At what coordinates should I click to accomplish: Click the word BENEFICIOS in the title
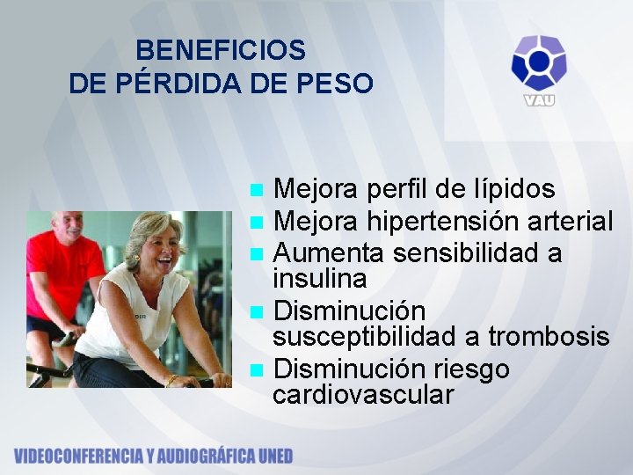pyautogui.click(x=221, y=50)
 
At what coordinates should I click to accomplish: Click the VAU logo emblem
pyautogui.click(x=539, y=63)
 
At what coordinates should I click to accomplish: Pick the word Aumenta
pyautogui.click(x=330, y=253)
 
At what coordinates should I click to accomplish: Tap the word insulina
pyautogui.click(x=320, y=279)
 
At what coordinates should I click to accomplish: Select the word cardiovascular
pyautogui.click(x=363, y=395)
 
